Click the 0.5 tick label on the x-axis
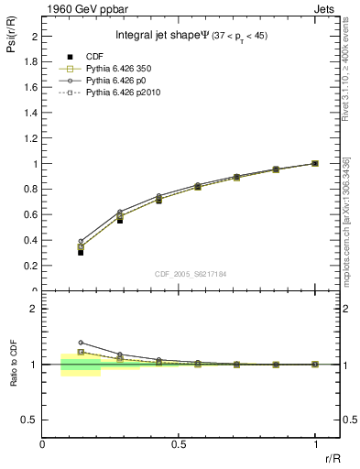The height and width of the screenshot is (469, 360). click(x=179, y=444)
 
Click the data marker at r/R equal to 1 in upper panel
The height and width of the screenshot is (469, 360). click(x=315, y=163)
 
